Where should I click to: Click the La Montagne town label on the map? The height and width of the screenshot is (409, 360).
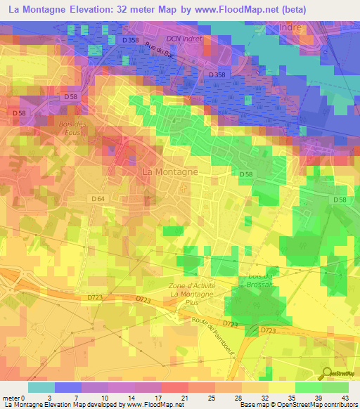(169, 171)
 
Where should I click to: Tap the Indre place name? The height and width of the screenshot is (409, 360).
(290, 27)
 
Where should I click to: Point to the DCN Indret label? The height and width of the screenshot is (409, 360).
(184, 39)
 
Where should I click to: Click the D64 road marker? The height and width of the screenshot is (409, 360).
(98, 200)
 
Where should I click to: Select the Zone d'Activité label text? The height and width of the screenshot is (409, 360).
(191, 285)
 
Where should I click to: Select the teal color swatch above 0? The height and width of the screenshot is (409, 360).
(40, 387)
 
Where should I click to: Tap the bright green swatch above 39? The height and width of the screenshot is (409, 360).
(308, 387)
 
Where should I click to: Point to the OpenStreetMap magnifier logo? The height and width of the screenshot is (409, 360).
(326, 374)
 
